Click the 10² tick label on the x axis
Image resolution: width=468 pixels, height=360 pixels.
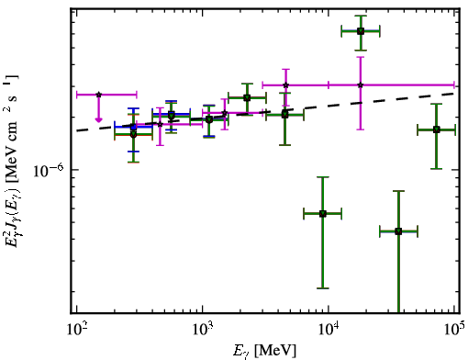pos(77,329)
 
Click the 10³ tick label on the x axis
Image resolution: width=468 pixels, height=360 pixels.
pos(203,329)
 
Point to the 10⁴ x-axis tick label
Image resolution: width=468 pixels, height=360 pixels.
pos(329,329)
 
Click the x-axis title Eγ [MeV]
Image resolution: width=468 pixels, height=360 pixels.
pos(264,351)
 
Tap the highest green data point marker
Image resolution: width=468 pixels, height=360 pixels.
pos(361,31)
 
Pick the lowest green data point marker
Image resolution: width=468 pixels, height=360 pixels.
pos(398,231)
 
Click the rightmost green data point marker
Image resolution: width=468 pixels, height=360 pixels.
pos(437,129)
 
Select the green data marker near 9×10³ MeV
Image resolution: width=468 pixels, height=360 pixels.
pos(323,214)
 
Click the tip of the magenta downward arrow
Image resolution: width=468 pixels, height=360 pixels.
pos(98,121)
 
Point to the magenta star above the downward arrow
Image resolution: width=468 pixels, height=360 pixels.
pos(98,95)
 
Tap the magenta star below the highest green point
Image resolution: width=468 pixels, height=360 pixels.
pos(361,85)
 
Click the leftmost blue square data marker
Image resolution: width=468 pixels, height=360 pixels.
pos(133,127)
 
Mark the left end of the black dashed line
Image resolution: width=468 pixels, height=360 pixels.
pos(77,131)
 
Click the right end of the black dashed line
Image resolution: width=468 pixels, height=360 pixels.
pos(454,93)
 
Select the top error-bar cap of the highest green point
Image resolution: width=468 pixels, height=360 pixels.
pos(361,16)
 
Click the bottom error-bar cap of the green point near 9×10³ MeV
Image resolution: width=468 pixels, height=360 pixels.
pos(323,288)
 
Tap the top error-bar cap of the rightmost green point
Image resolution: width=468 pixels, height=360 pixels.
pos(437,104)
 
